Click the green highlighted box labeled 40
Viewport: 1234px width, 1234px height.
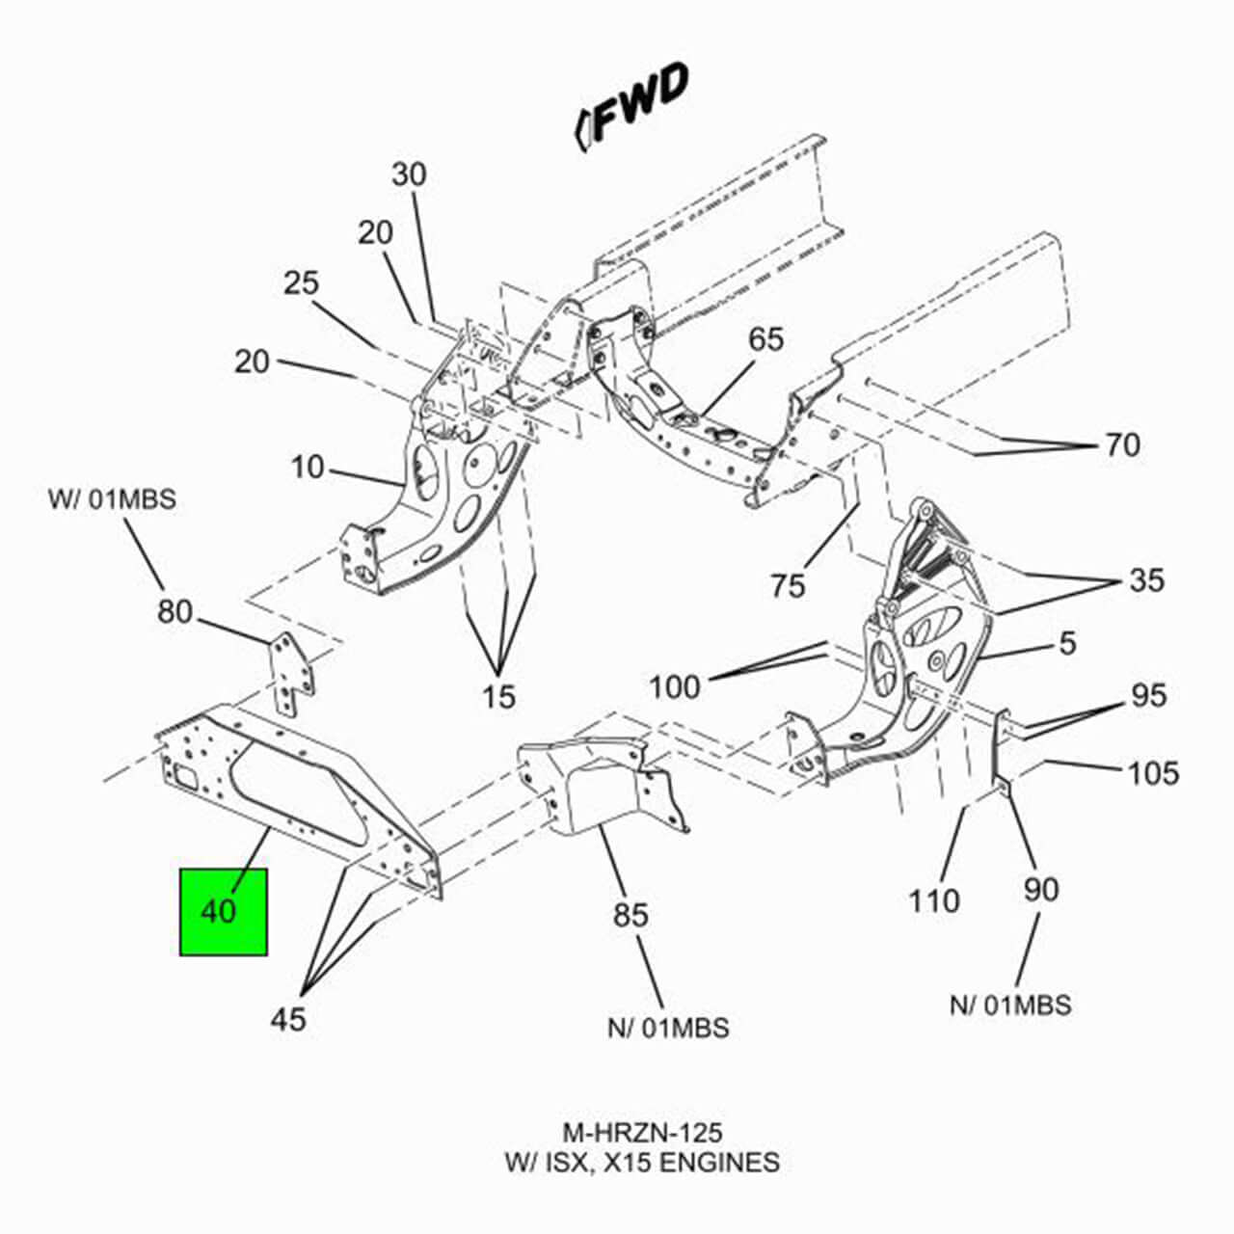[223, 911]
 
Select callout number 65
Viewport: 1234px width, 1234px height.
[766, 339]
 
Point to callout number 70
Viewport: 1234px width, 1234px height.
[1122, 444]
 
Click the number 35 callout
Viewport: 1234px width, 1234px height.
[1146, 580]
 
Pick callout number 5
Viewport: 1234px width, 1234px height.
[1067, 643]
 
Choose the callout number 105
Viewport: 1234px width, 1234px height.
[1154, 772]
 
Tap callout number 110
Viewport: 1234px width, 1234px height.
[933, 900]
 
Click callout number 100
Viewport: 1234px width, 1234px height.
[675, 687]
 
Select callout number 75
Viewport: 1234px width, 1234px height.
[788, 584]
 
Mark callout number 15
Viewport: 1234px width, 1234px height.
[498, 696]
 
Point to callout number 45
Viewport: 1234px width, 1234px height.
[287, 1018]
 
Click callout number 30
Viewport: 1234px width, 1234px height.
[409, 174]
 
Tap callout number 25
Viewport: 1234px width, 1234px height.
[301, 283]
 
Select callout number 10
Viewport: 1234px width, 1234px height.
[308, 468]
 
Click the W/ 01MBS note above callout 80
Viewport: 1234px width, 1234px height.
[112, 500]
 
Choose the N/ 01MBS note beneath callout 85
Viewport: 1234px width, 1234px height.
[668, 1028]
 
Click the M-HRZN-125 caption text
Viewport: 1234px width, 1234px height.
[642, 1131]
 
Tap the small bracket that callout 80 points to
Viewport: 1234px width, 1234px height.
[289, 674]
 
